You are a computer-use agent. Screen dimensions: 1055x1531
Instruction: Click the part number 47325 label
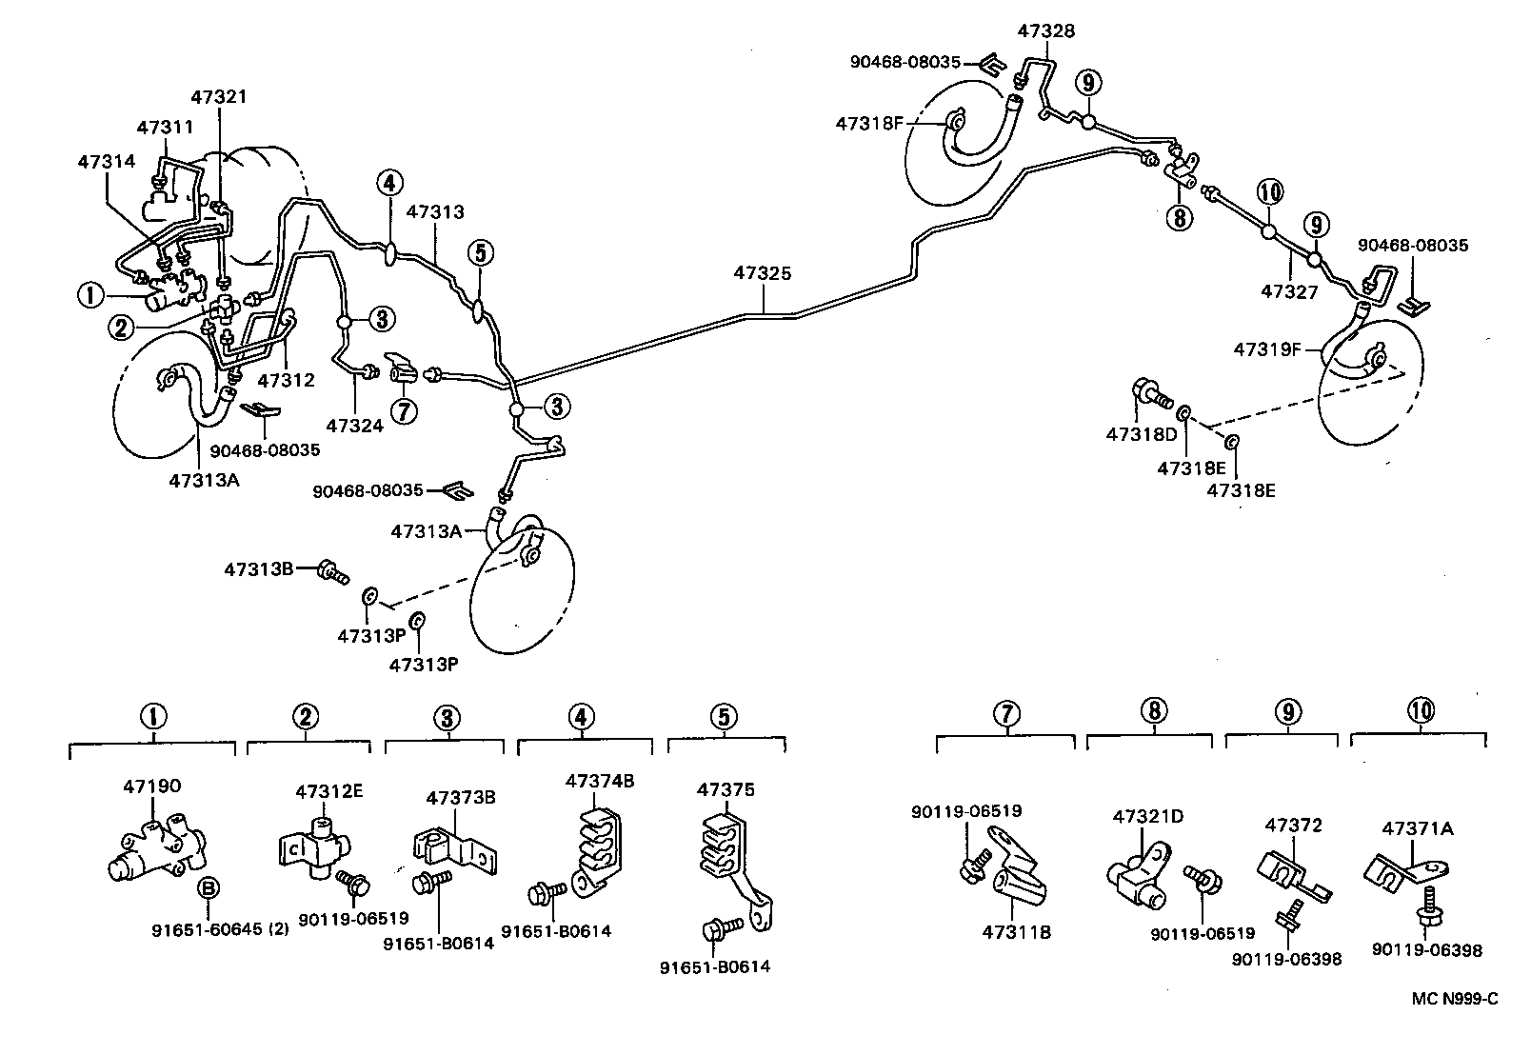point(762,273)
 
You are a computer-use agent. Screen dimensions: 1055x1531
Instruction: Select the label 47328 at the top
point(1045,31)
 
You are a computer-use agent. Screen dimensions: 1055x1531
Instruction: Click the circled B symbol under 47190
point(208,888)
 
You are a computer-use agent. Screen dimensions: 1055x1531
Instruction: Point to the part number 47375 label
point(726,789)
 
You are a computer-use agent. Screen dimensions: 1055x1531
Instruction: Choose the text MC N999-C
point(1455,999)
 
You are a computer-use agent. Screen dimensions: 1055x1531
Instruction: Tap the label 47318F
point(869,123)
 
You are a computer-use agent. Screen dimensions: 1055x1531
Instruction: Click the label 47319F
point(1267,349)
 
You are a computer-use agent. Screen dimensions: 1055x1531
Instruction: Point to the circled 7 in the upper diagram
point(405,412)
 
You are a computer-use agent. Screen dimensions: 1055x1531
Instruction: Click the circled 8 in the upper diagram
point(1179,218)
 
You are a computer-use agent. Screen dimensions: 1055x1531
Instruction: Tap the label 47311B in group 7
point(1016,932)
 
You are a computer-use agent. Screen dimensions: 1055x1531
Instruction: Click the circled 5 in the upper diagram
point(481,253)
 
